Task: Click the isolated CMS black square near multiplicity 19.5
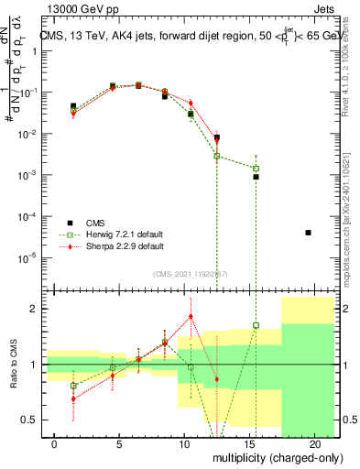(x=308, y=233)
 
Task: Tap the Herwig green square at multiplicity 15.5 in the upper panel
(x=256, y=169)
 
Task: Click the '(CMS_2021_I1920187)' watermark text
(x=190, y=272)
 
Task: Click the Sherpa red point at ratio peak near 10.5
(x=191, y=316)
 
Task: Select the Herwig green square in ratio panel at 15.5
(x=256, y=325)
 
